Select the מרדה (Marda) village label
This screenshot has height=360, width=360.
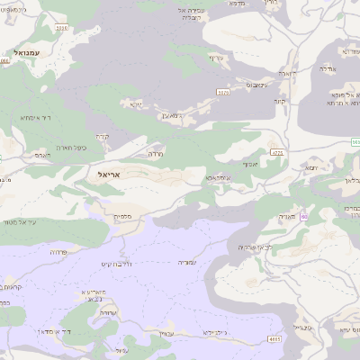click(x=154, y=155)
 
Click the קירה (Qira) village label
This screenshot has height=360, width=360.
click(x=102, y=137)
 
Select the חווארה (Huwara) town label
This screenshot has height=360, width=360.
click(x=287, y=72)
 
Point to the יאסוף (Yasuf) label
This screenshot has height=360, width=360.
click(x=250, y=166)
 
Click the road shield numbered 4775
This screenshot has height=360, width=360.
click(x=276, y=153)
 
